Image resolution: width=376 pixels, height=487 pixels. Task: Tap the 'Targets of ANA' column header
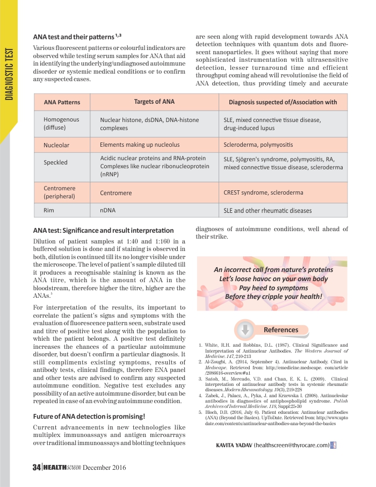[154, 102]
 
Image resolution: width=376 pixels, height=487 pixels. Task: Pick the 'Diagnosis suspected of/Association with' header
[283, 102]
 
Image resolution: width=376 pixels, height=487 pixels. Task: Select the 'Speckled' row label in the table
[55, 162]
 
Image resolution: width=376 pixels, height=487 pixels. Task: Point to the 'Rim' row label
[49, 210]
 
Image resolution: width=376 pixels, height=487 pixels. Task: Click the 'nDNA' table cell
[109, 210]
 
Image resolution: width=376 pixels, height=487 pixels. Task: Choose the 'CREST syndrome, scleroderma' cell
[263, 192]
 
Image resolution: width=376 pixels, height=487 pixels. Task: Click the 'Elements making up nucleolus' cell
[140, 145]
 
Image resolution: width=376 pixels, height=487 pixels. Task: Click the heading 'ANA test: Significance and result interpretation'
[103, 231]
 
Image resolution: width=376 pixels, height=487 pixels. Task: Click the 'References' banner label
[281, 330]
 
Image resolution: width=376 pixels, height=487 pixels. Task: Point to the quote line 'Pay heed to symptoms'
[273, 288]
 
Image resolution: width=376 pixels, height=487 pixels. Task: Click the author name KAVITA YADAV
[234, 445]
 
